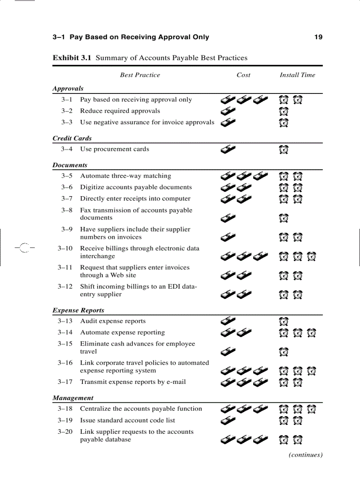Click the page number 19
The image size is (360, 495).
click(x=318, y=37)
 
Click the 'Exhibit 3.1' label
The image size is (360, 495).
click(x=72, y=58)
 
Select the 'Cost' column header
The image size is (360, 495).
click(x=243, y=75)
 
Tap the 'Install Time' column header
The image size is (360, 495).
click(x=297, y=75)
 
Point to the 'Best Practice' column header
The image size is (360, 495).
click(x=140, y=75)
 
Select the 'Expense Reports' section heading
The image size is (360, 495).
click(x=78, y=310)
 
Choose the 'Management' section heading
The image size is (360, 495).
click(x=73, y=398)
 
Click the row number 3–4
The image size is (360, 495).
click(x=67, y=149)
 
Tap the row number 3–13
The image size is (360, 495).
click(x=65, y=321)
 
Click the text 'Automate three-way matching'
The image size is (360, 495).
click(x=125, y=176)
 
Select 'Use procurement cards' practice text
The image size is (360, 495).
click(x=114, y=149)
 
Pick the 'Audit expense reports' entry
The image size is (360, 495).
click(x=112, y=321)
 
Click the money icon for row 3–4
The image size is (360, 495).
click(x=228, y=150)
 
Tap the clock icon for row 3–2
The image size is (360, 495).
click(x=284, y=112)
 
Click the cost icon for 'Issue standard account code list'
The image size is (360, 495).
click(x=228, y=421)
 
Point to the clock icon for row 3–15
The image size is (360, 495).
click(x=284, y=352)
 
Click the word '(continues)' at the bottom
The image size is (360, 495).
click(x=305, y=455)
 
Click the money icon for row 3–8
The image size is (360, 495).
click(x=228, y=217)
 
